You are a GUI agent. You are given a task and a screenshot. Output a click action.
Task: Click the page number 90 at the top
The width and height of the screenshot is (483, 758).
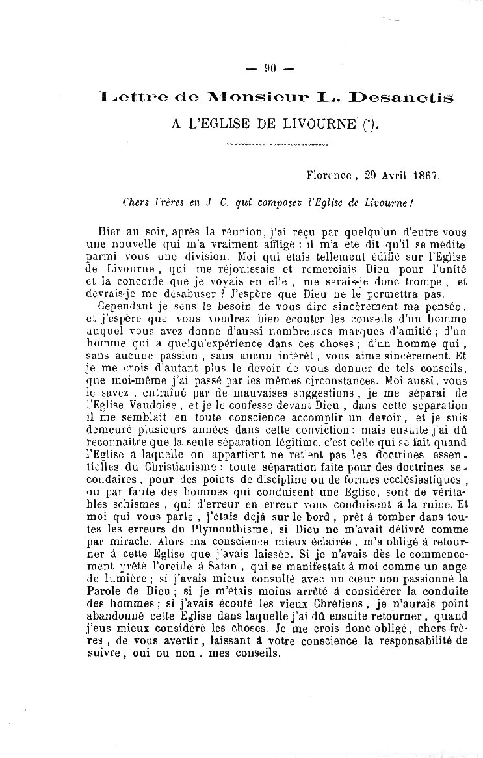(x=271, y=69)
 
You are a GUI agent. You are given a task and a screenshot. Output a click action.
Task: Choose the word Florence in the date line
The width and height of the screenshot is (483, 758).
(x=329, y=176)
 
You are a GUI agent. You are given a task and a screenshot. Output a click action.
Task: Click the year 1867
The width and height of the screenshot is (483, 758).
(x=424, y=176)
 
